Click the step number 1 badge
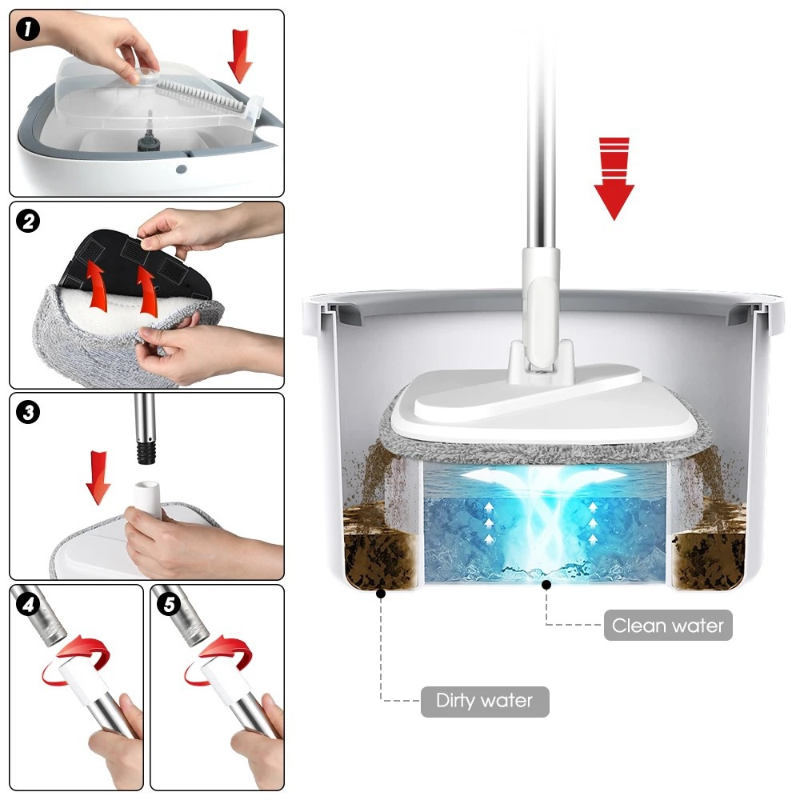coord(27,29)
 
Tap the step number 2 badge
coord(27,222)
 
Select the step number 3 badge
coord(27,412)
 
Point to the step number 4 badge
coord(27,604)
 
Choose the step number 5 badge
coord(169,604)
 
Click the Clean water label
coord(668,625)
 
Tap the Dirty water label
coord(485,702)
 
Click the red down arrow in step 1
coord(240,56)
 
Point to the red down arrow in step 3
coord(98,478)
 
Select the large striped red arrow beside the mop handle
coord(614,178)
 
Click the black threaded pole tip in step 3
coord(146,451)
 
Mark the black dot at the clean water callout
coord(546,585)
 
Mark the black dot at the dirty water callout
coord(381,594)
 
